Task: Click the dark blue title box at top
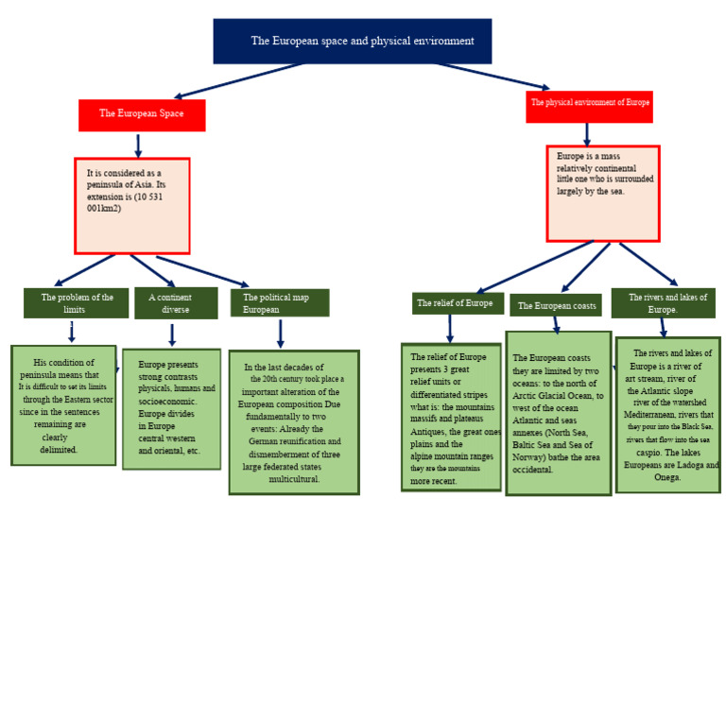pyautogui.click(x=352, y=41)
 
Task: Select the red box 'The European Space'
pyautogui.click(x=142, y=114)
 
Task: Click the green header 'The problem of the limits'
pyautogui.click(x=76, y=302)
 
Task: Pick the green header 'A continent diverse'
pyautogui.click(x=176, y=302)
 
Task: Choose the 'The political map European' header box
pyautogui.click(x=280, y=302)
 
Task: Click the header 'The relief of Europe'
pyautogui.click(x=458, y=303)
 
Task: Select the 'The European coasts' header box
pyautogui.click(x=556, y=305)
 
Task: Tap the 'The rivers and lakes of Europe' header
pyautogui.click(x=663, y=302)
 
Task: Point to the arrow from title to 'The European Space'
pyautogui.click(x=241, y=80)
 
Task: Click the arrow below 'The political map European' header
pyautogui.click(x=280, y=333)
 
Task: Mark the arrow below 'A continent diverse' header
pyautogui.click(x=172, y=334)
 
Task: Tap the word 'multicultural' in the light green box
pyautogui.click(x=294, y=479)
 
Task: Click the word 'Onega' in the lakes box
pyautogui.click(x=667, y=477)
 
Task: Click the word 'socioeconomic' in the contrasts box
pyautogui.click(x=167, y=401)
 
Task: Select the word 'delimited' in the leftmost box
pyautogui.click(x=59, y=450)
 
